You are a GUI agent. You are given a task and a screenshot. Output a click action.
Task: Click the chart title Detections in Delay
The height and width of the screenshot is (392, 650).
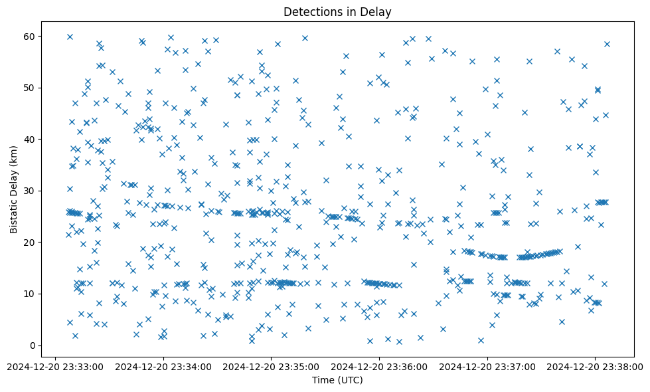[337, 11]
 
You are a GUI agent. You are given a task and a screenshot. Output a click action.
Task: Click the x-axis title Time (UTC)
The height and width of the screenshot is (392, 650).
[337, 380]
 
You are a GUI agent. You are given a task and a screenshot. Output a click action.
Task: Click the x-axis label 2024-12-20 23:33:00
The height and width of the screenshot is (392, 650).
[54, 365]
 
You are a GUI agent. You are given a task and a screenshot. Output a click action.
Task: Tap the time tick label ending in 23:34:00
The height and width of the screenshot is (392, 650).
[163, 365]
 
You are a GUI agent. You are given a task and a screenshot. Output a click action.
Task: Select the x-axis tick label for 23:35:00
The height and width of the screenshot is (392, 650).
[271, 365]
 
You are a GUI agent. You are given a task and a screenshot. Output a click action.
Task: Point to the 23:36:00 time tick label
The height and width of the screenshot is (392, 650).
[379, 365]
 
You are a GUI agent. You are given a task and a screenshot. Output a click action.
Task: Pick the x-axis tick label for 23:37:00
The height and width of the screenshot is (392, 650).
[487, 365]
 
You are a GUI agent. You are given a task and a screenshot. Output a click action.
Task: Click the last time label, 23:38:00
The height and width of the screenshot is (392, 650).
[595, 365]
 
